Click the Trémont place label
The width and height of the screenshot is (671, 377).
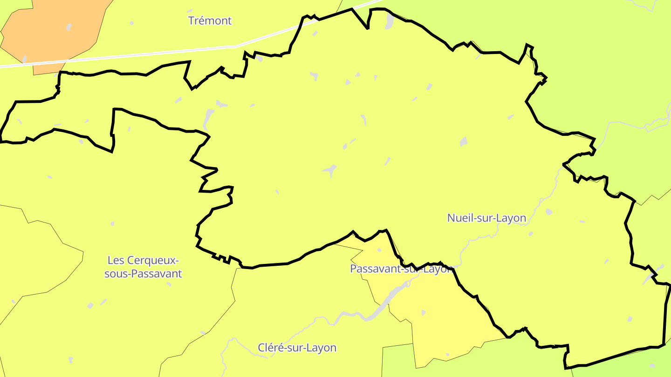[x=210, y=20]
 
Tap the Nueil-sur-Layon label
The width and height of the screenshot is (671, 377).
[x=486, y=218]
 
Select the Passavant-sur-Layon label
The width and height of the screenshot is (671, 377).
[x=401, y=269]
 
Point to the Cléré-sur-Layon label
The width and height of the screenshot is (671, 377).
[x=297, y=348]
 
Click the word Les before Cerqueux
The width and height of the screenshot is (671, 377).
[x=116, y=260]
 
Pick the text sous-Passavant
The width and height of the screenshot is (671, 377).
[x=143, y=274]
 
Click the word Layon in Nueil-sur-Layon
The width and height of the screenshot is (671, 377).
[x=511, y=218]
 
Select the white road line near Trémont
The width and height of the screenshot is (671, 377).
[x=140, y=55]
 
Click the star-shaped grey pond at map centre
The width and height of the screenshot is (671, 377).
[x=330, y=170]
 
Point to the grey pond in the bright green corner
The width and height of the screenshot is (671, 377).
[x=630, y=319]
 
